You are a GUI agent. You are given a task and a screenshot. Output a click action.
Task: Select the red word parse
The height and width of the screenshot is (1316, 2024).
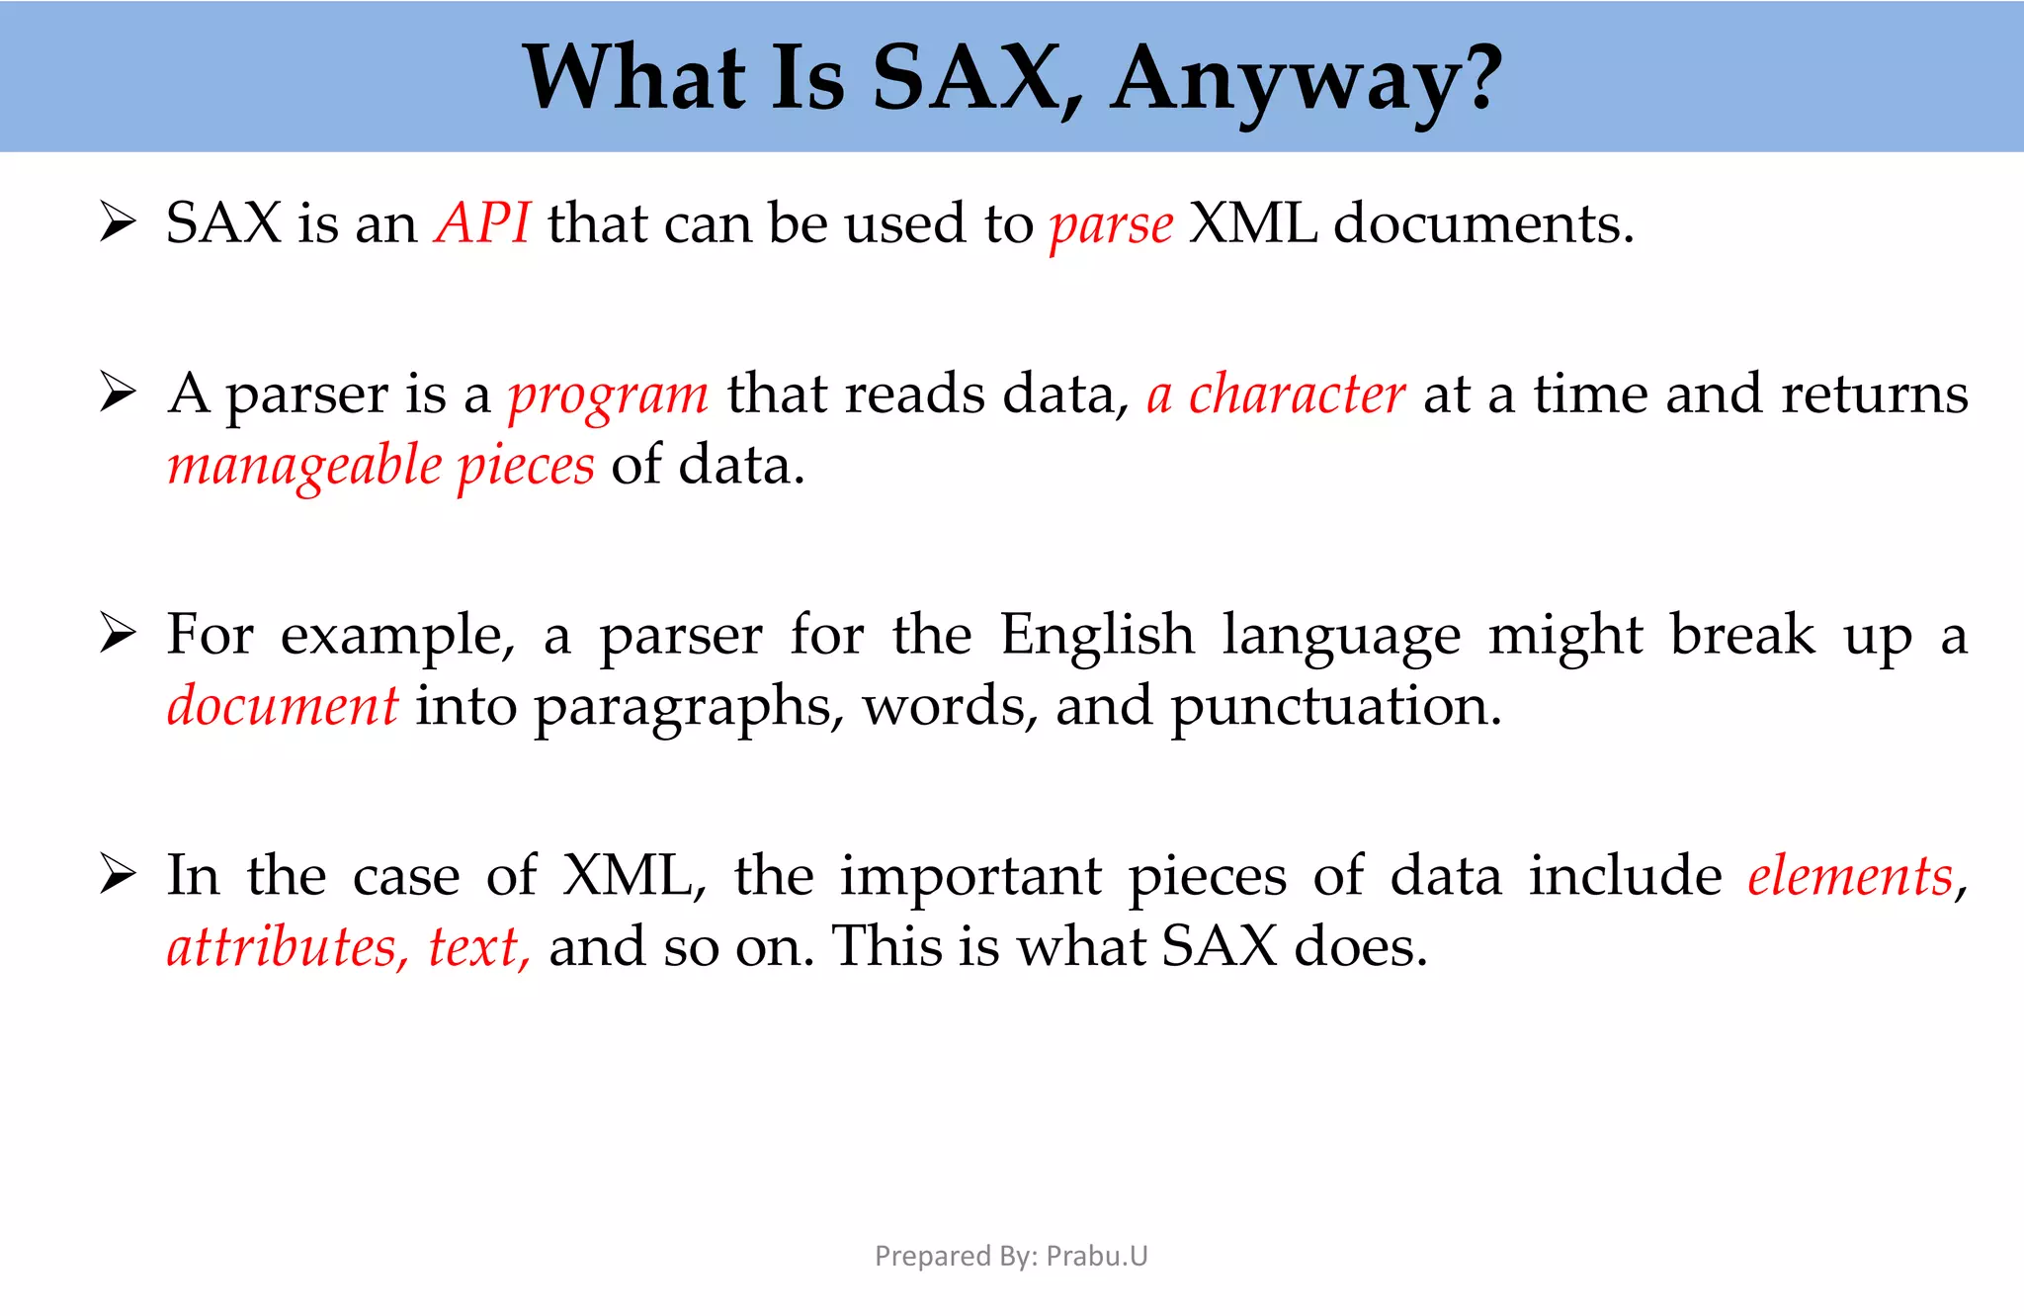pos(1111,225)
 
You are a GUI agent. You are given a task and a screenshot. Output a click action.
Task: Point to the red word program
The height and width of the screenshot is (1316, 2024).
pos(608,395)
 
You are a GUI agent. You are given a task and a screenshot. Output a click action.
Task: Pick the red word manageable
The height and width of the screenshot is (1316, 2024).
pos(304,467)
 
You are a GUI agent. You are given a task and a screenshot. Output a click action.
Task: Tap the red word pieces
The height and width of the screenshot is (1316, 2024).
pos(526,467)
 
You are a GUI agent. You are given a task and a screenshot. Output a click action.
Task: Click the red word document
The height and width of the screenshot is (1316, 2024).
pos(283,706)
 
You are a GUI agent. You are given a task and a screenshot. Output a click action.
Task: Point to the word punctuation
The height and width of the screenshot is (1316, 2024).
pos(1335,708)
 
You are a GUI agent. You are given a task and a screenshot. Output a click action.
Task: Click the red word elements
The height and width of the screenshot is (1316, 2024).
pos(1850,876)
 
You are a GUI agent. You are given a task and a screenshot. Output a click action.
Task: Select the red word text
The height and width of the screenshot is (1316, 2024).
pos(475,947)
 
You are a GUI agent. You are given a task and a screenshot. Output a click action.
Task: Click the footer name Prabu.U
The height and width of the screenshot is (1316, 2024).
pos(1097,1256)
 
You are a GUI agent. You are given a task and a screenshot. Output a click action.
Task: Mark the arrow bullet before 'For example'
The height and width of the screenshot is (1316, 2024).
pos(118,634)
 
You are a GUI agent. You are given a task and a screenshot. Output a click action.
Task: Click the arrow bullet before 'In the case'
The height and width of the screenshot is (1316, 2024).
pos(118,875)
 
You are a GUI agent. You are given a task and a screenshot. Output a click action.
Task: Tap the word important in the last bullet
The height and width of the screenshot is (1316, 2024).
pos(970,878)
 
